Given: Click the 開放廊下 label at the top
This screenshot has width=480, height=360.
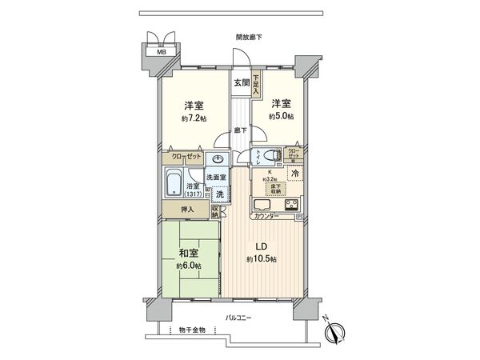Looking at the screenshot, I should (x=250, y=38).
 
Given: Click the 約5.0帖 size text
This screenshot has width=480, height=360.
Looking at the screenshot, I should (x=281, y=117).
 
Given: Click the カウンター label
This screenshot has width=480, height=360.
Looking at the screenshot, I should (x=266, y=217).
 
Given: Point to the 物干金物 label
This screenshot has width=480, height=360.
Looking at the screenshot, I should (x=192, y=329).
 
